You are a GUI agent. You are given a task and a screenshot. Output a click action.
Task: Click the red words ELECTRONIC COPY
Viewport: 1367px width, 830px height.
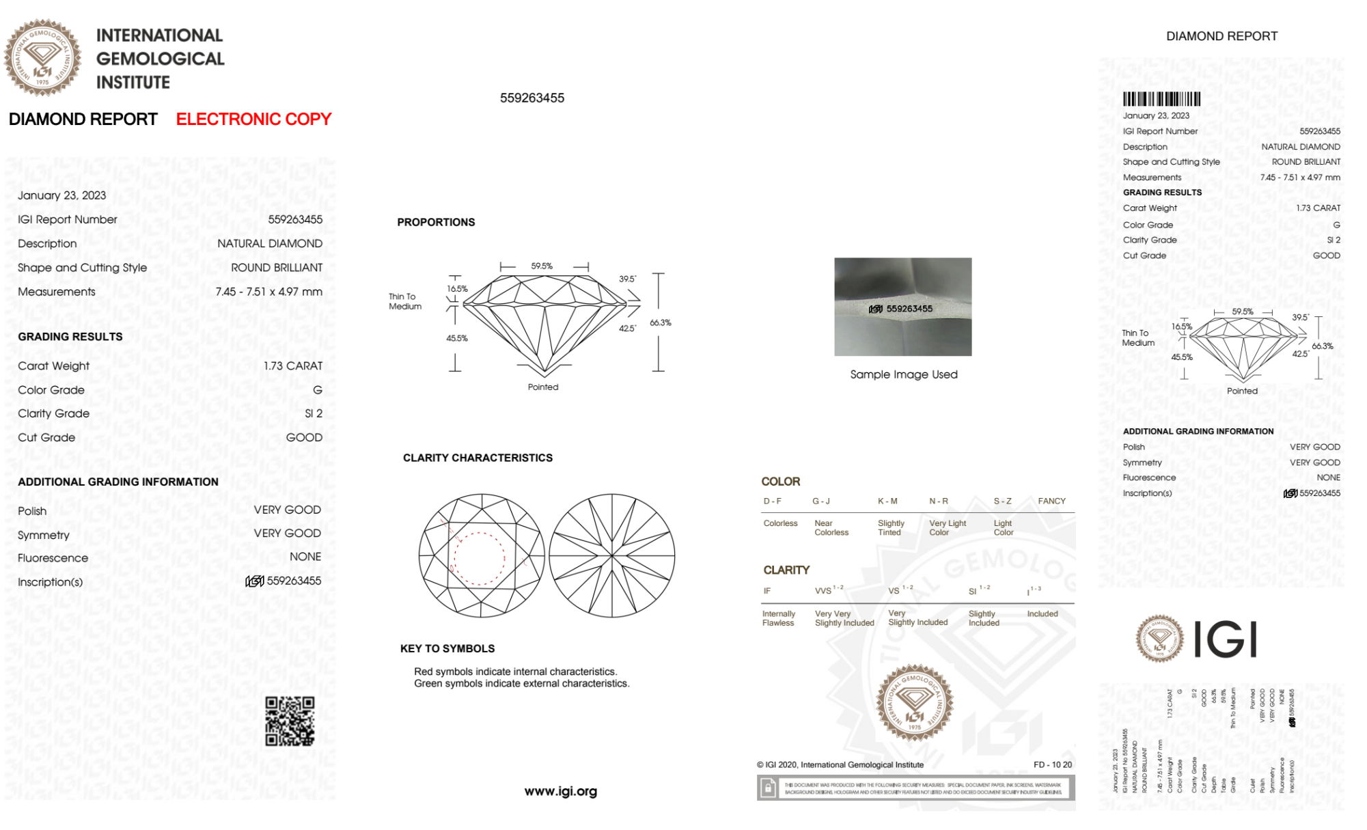(253, 120)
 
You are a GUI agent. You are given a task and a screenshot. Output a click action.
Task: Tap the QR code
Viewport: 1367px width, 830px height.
(290, 721)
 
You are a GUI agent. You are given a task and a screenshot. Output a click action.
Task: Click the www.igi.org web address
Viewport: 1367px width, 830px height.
(560, 791)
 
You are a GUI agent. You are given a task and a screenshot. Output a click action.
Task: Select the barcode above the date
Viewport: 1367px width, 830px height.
(1161, 99)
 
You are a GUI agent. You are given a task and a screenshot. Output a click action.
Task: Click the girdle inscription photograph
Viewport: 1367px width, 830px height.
(902, 307)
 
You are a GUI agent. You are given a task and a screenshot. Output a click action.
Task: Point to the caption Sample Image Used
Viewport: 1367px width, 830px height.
(903, 374)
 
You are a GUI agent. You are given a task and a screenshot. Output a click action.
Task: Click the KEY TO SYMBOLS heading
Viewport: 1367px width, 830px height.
(447, 648)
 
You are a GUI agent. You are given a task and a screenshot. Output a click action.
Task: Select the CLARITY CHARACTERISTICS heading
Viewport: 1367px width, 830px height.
(478, 458)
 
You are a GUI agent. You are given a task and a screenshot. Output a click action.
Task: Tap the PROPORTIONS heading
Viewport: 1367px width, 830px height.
(436, 222)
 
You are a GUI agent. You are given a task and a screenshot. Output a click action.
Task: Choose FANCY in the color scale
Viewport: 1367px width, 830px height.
(1051, 501)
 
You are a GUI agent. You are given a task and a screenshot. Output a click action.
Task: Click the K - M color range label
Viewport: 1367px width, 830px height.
(887, 501)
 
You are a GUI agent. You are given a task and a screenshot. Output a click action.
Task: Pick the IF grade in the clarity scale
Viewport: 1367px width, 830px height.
(767, 591)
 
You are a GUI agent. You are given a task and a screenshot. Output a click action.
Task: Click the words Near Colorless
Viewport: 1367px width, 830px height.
(831, 528)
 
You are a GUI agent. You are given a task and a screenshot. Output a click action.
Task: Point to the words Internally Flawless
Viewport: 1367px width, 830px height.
(779, 618)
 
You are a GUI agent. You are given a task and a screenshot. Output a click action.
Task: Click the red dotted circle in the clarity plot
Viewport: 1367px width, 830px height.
(479, 558)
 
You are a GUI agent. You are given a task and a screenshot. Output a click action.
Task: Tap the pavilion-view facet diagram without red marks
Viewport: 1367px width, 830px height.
(612, 555)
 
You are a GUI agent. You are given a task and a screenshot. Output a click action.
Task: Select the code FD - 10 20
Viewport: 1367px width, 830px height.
(1053, 764)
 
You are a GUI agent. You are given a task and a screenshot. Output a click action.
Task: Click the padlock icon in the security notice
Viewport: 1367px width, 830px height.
(768, 788)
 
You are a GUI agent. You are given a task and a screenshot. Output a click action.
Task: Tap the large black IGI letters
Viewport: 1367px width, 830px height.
(1226, 639)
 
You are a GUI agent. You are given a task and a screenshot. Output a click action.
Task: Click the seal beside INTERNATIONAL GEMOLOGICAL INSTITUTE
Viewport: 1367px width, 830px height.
(42, 58)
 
